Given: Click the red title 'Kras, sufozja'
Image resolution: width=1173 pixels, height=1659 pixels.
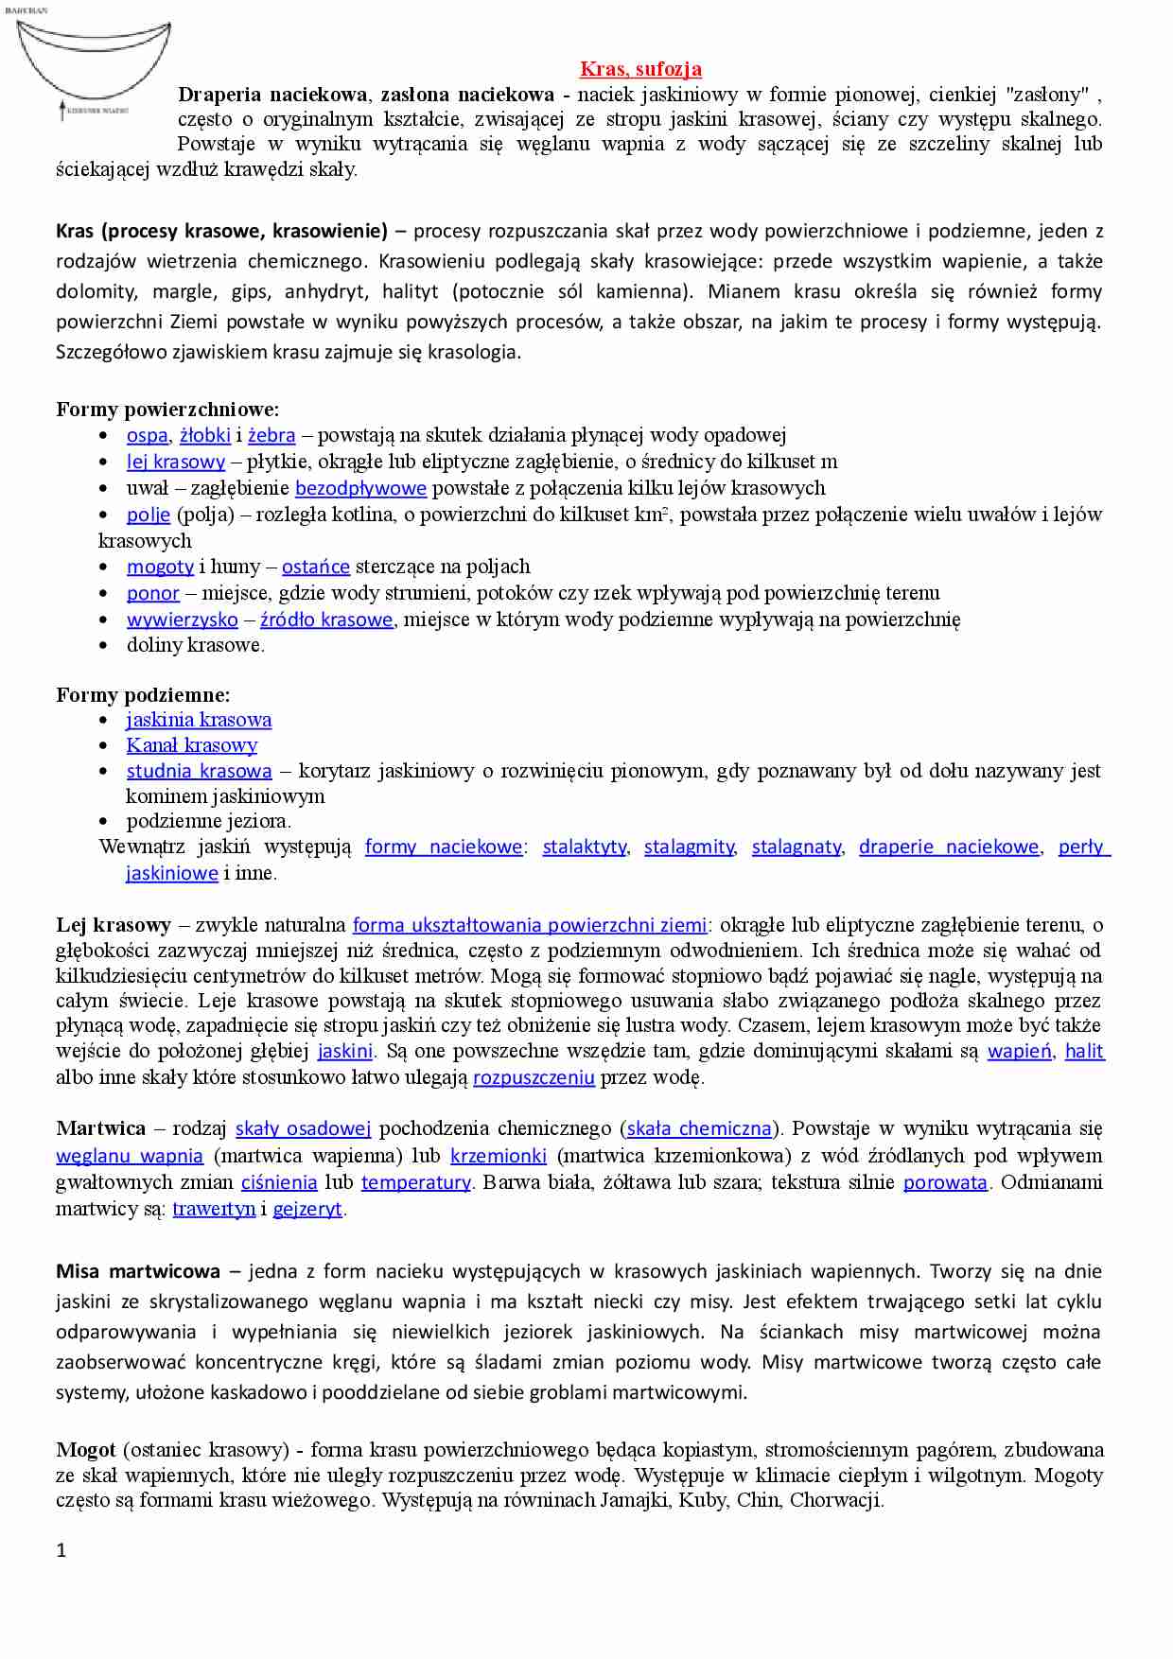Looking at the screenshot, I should click(x=640, y=69).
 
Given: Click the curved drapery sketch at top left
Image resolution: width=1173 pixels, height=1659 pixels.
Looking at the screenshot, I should click(x=93, y=66).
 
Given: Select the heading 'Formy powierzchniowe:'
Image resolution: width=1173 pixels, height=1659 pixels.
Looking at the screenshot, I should click(x=167, y=410).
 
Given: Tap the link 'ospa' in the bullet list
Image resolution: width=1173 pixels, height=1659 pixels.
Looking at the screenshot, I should click(x=147, y=435).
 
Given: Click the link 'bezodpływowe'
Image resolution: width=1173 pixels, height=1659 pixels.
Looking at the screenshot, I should click(x=360, y=488).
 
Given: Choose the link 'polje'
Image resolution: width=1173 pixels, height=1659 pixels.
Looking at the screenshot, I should click(x=149, y=515).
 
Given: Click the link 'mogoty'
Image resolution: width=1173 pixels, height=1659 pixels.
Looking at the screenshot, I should click(x=160, y=567).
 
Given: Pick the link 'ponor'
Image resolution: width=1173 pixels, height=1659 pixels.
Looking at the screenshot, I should click(x=152, y=593).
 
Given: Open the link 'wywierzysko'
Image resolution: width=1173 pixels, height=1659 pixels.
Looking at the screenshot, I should click(x=182, y=620).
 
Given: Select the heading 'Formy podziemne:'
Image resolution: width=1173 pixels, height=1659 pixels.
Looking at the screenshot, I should click(x=143, y=695).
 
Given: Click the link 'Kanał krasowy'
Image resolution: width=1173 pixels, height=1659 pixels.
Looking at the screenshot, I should click(x=192, y=745).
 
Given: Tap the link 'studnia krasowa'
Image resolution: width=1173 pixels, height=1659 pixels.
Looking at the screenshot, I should click(x=199, y=771).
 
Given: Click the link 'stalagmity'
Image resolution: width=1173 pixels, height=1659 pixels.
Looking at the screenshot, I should click(x=689, y=847).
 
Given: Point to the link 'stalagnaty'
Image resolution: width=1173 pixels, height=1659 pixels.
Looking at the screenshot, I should click(x=796, y=847).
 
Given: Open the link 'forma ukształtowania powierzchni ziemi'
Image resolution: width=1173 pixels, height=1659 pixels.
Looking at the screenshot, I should click(x=529, y=925).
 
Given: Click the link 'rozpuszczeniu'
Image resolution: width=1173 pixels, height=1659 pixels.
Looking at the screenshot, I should click(x=534, y=1077).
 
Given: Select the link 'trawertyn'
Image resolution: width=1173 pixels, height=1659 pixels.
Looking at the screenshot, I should click(x=214, y=1209).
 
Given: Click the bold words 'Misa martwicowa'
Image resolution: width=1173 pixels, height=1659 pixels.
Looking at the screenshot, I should click(x=137, y=1271).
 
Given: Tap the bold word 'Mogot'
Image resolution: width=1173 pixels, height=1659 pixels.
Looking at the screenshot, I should click(x=85, y=1450).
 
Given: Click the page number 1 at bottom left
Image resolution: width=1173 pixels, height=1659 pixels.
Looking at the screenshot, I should click(x=61, y=1550).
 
